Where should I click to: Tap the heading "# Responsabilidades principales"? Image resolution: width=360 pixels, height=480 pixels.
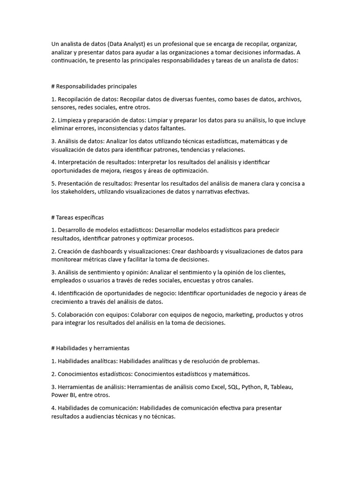[x=94, y=86]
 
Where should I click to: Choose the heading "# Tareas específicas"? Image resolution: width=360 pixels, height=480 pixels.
[x=77, y=217]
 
